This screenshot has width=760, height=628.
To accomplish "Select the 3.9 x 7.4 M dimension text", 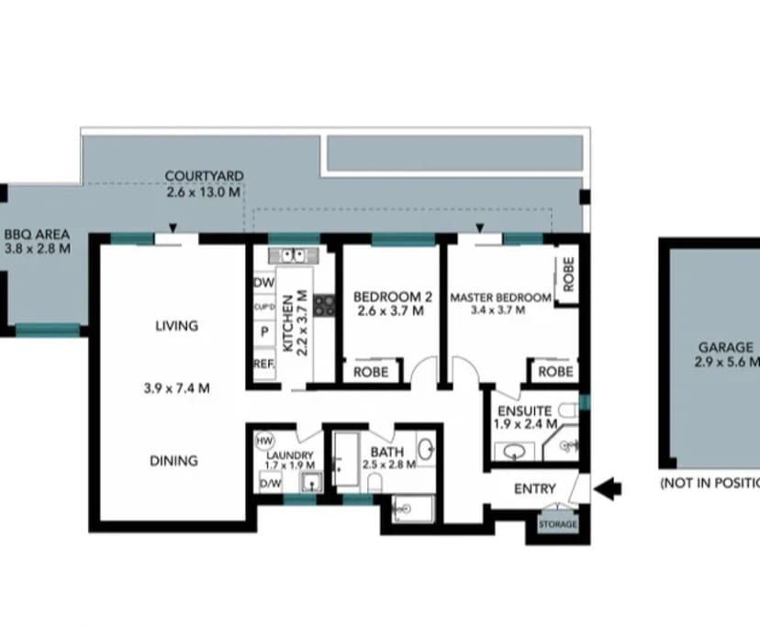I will click(176, 388).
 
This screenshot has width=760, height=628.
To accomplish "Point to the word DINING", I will click(173, 461).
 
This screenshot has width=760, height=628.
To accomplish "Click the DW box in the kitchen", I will click(263, 284).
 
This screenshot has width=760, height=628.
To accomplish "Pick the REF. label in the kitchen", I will click(264, 364).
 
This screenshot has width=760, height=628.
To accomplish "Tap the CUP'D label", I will click(264, 308).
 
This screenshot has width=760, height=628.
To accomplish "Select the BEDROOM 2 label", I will click(392, 297).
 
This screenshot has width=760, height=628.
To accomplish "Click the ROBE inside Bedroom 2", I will click(371, 372).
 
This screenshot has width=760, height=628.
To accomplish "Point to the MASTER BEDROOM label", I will click(500, 297).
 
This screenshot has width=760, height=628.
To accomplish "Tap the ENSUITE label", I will click(526, 410).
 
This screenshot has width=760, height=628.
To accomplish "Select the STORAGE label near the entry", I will click(557, 524).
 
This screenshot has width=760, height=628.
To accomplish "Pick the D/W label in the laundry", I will click(270, 483).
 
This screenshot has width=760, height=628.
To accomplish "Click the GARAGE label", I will click(726, 348).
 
